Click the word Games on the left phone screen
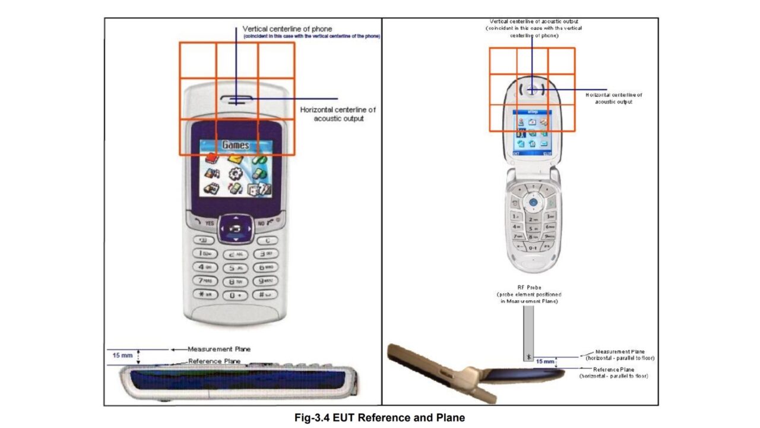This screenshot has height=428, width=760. tap(236, 145)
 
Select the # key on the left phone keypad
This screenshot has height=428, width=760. tap(265, 294)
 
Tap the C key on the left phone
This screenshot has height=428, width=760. tap(267, 240)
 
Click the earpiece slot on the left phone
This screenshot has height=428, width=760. tap(236, 99)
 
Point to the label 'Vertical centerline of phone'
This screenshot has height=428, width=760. tap(287, 29)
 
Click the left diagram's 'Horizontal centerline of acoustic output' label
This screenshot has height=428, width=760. tap(338, 114)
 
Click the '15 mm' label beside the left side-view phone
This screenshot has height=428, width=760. tap(123, 355)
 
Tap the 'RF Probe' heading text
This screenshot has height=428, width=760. tap(529, 288)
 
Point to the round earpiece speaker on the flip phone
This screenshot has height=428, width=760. tap(531, 90)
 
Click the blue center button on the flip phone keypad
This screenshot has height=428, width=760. tap(533, 203)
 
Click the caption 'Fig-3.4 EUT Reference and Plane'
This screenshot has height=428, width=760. tap(379, 418)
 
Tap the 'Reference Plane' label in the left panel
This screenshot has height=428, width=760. tap(214, 361)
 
